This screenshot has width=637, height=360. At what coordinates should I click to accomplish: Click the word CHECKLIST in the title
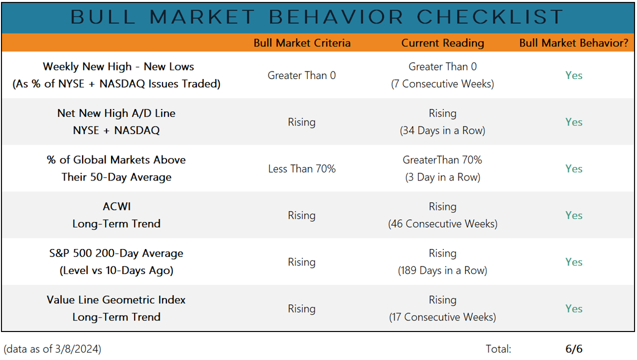click(490, 17)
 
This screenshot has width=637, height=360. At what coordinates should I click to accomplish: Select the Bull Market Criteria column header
click(302, 43)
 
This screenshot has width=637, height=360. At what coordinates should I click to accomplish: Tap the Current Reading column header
click(442, 43)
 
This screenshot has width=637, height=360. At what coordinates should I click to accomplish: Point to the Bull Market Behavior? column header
click(573, 43)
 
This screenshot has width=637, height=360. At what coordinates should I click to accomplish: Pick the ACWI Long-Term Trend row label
click(116, 215)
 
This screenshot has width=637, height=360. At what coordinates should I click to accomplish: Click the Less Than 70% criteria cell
click(301, 168)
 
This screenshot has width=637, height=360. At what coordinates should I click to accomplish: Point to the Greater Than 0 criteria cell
click(301, 75)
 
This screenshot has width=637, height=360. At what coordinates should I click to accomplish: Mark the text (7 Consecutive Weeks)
click(442, 84)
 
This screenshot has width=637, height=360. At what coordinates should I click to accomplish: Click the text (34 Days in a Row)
click(442, 130)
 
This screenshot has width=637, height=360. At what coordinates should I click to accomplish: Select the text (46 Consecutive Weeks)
click(442, 224)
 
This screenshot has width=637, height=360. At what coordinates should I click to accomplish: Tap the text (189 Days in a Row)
click(442, 270)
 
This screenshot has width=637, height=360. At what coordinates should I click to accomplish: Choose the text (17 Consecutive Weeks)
click(442, 317)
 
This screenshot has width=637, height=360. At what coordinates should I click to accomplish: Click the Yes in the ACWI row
click(573, 215)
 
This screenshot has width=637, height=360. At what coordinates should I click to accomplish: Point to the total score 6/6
click(573, 349)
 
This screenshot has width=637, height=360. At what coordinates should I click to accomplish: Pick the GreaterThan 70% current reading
click(442, 160)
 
